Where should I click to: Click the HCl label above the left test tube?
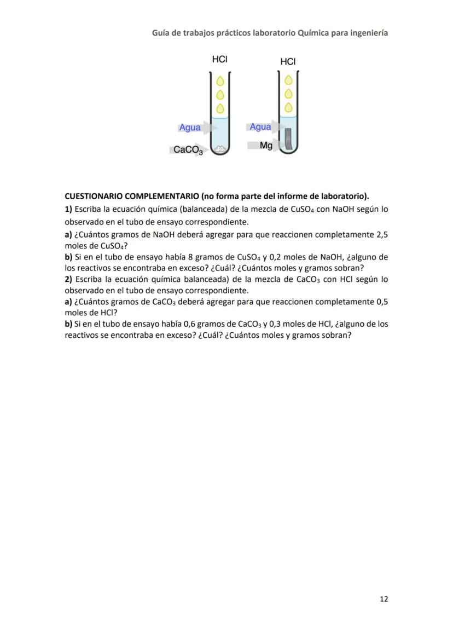click(x=219, y=59)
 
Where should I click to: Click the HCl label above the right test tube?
click(x=288, y=62)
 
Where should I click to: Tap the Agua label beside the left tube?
click(x=190, y=128)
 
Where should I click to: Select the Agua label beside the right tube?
click(x=260, y=127)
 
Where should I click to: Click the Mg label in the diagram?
click(x=266, y=146)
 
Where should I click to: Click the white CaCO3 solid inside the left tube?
click(x=220, y=148)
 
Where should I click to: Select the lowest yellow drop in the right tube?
click(x=288, y=106)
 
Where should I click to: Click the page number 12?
click(x=384, y=599)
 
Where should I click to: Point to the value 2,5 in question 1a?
click(x=382, y=234)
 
